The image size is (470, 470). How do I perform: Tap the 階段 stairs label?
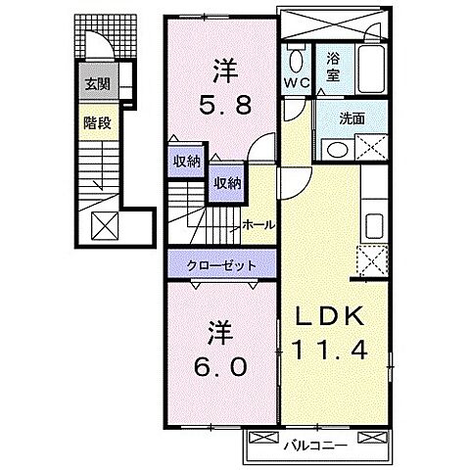tap(96, 124)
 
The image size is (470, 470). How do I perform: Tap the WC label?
tap(297, 84)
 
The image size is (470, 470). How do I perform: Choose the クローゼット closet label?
tap(223, 265)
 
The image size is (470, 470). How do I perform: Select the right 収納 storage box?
tap(227, 182)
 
